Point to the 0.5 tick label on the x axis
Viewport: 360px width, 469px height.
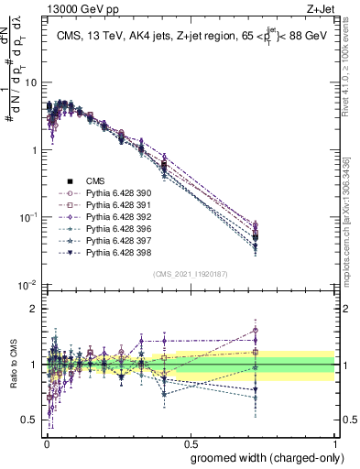191,442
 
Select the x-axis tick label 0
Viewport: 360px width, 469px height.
45,442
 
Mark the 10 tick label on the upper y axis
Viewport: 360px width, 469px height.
31,82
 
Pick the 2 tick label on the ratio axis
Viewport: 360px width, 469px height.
35,309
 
